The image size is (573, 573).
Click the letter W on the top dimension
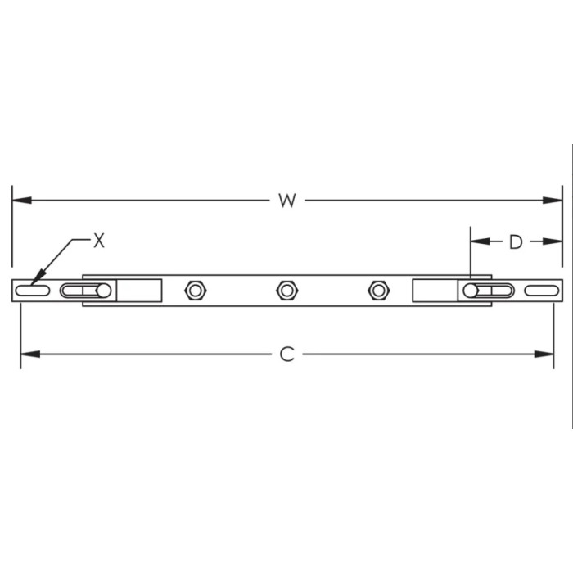tap(286, 201)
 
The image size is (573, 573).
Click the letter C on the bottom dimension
tap(286, 354)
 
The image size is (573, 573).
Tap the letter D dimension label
tap(516, 241)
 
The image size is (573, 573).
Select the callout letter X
tap(99, 240)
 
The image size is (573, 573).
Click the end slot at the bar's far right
tap(541, 290)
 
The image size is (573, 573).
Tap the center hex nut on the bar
tap(286, 290)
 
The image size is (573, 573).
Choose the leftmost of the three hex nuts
tap(195, 290)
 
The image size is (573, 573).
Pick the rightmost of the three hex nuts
tap(377, 290)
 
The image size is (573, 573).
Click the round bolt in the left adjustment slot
tap(103, 291)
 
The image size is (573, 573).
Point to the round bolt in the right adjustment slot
tap(471, 291)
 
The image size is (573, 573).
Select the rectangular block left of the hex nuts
tap(139, 290)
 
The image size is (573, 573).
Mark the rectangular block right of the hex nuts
tap(435, 290)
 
